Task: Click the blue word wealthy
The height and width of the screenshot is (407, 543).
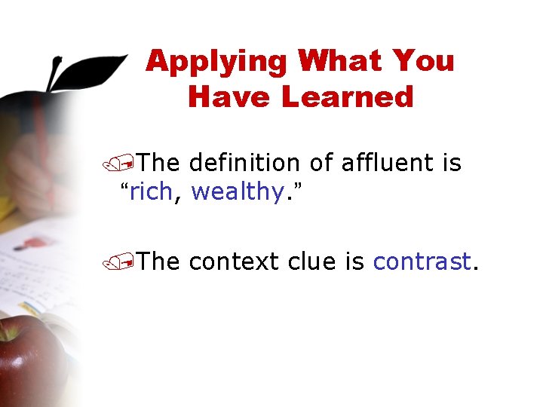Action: [x=236, y=193]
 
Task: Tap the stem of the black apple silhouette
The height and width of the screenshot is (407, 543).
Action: [x=54, y=75]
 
